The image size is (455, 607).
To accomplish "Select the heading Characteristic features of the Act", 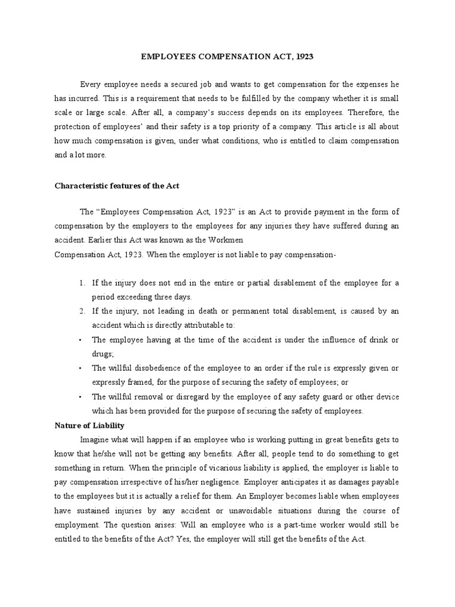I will pyautogui.click(x=117, y=186).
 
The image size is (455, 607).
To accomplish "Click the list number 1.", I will pyautogui.click(x=82, y=283).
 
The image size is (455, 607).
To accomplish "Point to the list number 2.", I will pyautogui.click(x=82, y=311).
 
